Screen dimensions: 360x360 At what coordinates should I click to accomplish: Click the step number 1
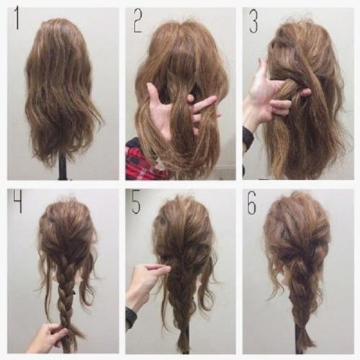[x=17, y=19]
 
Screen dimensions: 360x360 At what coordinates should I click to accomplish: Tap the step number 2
[x=138, y=20]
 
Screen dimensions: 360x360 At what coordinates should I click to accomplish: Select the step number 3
[x=253, y=22]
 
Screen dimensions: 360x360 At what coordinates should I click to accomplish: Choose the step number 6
[x=252, y=203]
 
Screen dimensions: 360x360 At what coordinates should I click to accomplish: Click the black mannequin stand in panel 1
[x=63, y=167]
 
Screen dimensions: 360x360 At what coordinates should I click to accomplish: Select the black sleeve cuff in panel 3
[x=247, y=139]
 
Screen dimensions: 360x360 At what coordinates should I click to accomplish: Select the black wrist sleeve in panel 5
[x=131, y=318]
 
